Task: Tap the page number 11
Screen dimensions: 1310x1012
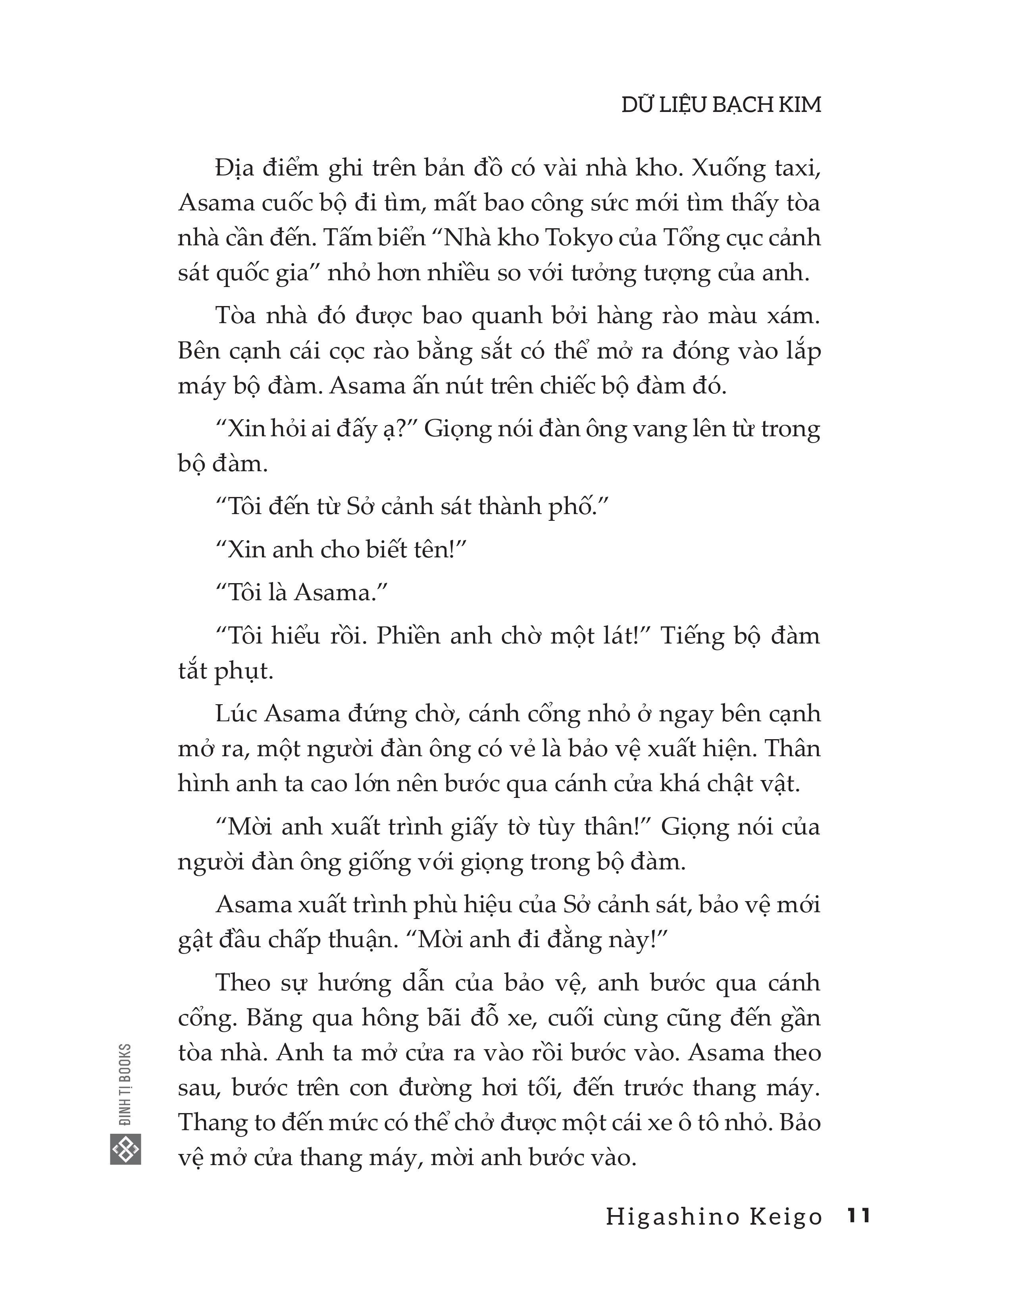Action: pos(857,1216)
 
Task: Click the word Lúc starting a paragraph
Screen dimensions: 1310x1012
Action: pos(236,714)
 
